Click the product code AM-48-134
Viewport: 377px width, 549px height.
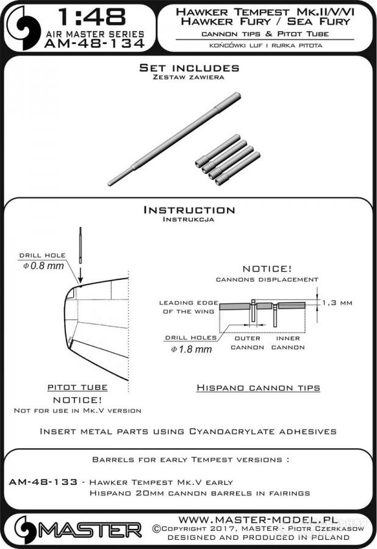[x=95, y=43]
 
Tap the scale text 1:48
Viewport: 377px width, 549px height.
[x=92, y=17]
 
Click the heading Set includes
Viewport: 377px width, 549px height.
[x=189, y=68]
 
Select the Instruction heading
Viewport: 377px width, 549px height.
[x=189, y=210]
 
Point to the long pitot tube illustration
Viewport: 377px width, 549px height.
[x=174, y=138]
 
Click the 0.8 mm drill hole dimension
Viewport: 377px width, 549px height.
[x=43, y=266]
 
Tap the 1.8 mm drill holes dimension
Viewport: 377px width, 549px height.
[x=191, y=349]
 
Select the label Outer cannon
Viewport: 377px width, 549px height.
[x=248, y=343]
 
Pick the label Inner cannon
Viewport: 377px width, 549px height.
[x=288, y=343]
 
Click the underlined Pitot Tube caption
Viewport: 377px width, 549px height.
[x=77, y=387]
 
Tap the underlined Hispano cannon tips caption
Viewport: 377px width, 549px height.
[x=258, y=387]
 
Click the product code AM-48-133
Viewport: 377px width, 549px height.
[x=43, y=482]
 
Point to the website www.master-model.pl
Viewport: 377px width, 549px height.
[x=258, y=519]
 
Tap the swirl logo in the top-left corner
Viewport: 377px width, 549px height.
[x=24, y=27]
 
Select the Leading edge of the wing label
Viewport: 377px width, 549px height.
[x=188, y=307]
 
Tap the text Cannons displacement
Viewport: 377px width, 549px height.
[x=267, y=279]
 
